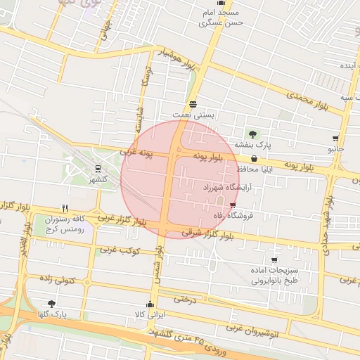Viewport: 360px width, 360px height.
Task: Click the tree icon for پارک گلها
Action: pos(51,304)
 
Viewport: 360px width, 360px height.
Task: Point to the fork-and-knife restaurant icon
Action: pos(65,208)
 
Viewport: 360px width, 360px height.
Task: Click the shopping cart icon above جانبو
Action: pos(335,139)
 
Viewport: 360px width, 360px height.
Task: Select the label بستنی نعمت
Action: pos(193,114)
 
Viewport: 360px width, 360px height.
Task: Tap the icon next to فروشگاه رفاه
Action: pos(233,205)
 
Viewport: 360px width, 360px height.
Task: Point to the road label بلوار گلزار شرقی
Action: pos(211,231)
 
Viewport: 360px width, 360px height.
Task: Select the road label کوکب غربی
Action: pos(120,250)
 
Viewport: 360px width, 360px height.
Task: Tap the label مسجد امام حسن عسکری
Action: pos(221,18)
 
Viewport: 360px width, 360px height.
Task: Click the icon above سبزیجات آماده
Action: pos(274,260)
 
